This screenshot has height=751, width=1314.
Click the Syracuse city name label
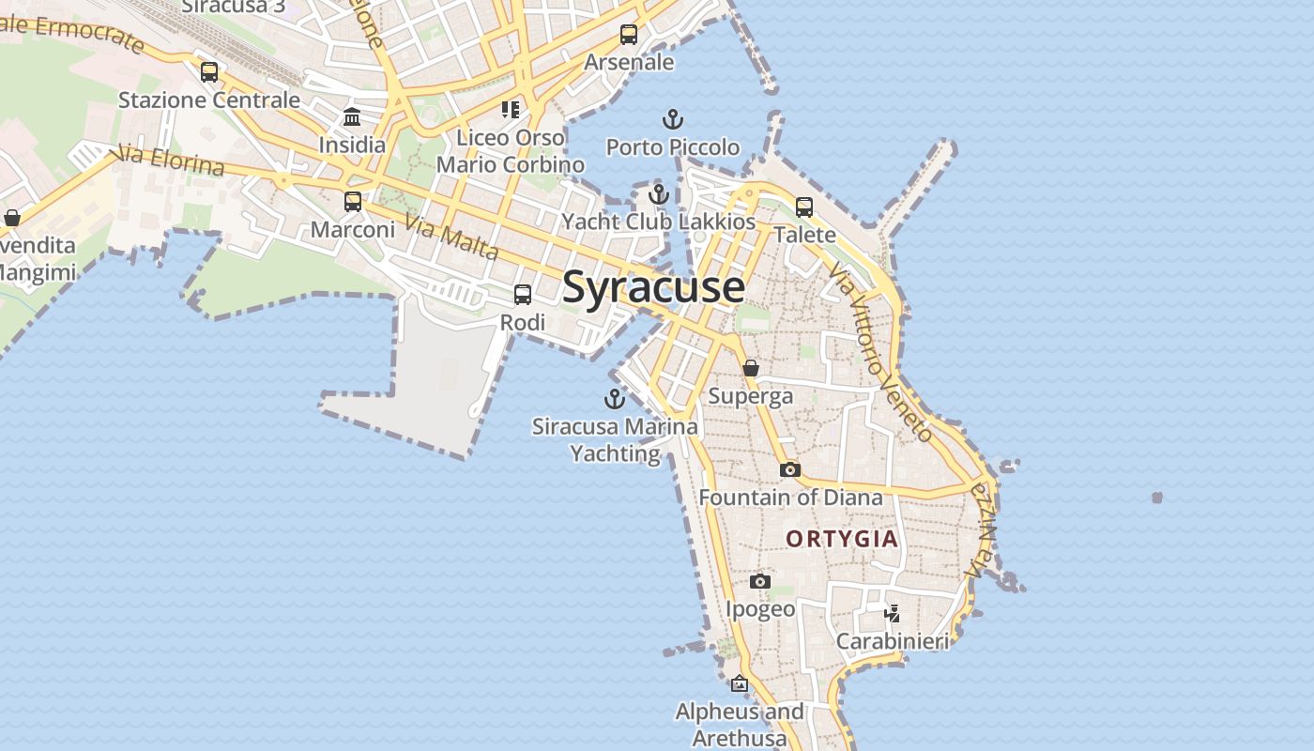coord(653,287)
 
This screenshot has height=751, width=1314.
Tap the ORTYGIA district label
coord(842,539)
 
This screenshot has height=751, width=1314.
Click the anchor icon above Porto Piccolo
coord(672,119)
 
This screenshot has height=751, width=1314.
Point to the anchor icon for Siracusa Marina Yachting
coord(614,399)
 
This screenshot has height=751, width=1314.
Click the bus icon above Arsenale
coord(629,35)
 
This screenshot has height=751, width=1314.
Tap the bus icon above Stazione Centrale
coord(209,72)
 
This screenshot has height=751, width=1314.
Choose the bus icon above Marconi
coord(353,201)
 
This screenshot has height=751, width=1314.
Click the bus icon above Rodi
coord(523,295)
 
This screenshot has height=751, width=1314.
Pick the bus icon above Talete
coord(804,207)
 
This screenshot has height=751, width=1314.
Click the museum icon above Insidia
coord(352,117)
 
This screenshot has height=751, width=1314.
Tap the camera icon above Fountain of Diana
coord(790,469)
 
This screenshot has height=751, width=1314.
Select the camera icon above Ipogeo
coord(760,582)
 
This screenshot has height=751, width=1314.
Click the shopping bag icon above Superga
coord(751,368)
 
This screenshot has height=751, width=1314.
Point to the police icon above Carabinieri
coord(892,614)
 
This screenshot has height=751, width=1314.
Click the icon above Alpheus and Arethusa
coord(740,683)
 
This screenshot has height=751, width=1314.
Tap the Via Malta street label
coord(451,238)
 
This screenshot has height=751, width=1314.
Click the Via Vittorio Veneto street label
coord(880,352)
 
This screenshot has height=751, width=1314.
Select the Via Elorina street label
coord(168,161)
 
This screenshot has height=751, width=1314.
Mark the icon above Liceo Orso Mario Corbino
coord(511,110)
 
